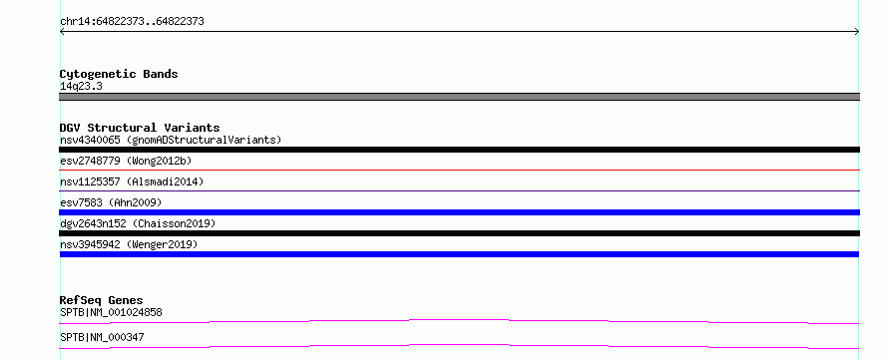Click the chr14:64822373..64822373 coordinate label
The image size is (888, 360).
[x=132, y=22]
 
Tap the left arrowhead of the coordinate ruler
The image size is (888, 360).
[x=62, y=32]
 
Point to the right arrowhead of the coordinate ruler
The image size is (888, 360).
[x=857, y=32]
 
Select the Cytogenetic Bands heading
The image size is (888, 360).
[x=119, y=74]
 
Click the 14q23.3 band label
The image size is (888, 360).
[x=81, y=87]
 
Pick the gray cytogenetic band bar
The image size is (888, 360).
[x=459, y=97]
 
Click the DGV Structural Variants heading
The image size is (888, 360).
[x=140, y=128]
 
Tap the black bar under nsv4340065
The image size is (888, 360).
[x=459, y=150]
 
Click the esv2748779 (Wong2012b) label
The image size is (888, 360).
[x=126, y=161]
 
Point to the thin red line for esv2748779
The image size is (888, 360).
[x=459, y=170]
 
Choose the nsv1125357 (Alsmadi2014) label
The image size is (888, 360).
[x=132, y=181]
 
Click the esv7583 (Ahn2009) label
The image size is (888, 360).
[x=111, y=202]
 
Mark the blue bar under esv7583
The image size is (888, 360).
[x=459, y=212]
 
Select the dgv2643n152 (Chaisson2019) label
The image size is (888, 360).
[x=138, y=223]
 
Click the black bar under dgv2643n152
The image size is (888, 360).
[x=459, y=233]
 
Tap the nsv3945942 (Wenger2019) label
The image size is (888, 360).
[x=129, y=244]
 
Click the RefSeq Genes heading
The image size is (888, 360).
[x=102, y=300]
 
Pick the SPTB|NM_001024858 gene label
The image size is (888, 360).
[x=112, y=312]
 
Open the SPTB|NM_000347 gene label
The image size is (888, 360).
[x=102, y=337]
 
